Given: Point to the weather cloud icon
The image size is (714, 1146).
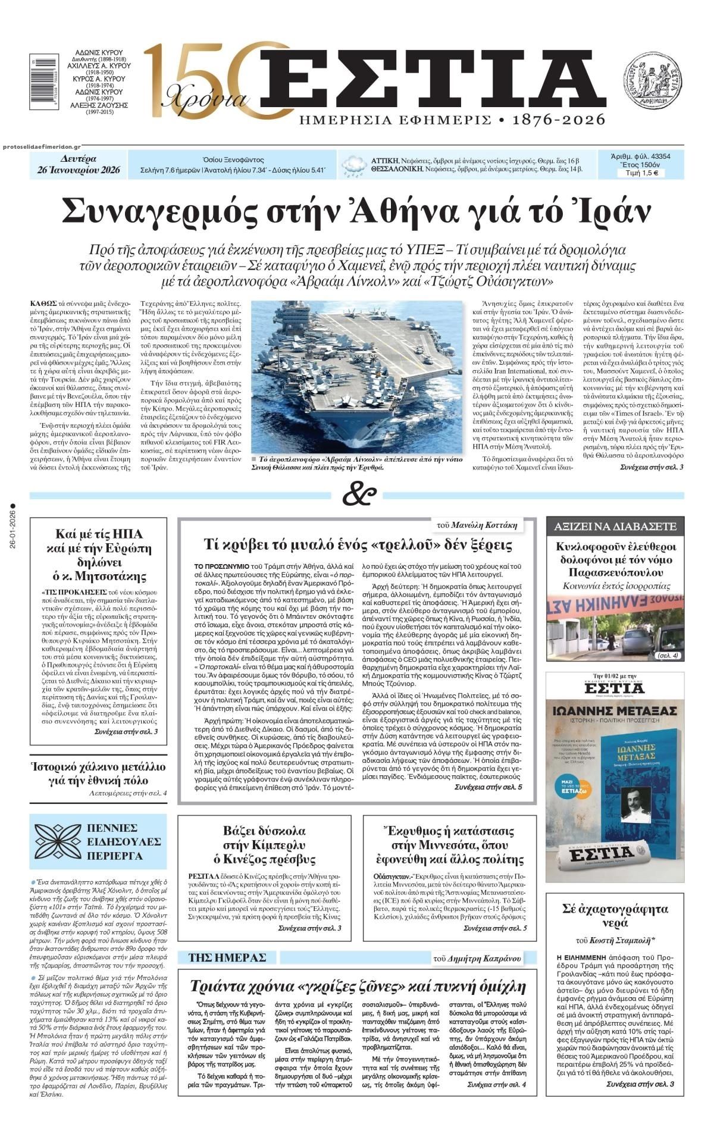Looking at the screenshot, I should (x=355, y=165).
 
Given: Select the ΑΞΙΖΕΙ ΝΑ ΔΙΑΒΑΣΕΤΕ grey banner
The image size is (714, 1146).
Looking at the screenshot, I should (x=615, y=526).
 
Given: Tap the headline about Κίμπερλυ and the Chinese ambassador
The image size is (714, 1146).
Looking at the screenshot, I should (x=265, y=844).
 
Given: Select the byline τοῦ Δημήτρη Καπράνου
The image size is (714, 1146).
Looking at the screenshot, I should (x=477, y=958).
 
